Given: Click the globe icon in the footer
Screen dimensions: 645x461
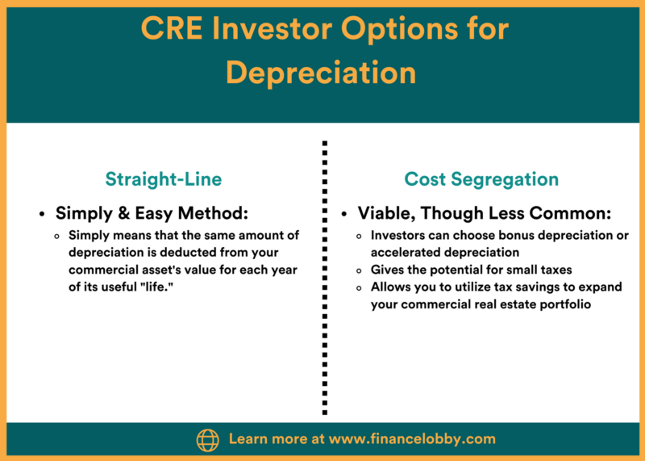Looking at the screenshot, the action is click(x=208, y=439).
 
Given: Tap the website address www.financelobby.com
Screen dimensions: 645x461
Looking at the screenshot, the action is click(x=412, y=438).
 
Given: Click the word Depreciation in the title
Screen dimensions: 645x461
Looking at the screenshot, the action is click(x=321, y=73).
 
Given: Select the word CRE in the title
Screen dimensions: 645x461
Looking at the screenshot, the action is click(x=172, y=28).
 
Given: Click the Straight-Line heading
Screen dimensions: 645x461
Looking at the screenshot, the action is click(x=164, y=179).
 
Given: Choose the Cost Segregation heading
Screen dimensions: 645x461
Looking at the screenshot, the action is click(x=481, y=179).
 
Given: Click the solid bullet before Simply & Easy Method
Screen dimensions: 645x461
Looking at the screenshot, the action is click(x=42, y=214).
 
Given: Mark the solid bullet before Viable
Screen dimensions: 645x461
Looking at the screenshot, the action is click(x=344, y=214).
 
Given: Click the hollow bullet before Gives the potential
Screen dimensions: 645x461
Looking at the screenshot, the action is click(x=359, y=270).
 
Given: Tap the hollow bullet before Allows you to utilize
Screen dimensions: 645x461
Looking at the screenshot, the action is click(x=359, y=288).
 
